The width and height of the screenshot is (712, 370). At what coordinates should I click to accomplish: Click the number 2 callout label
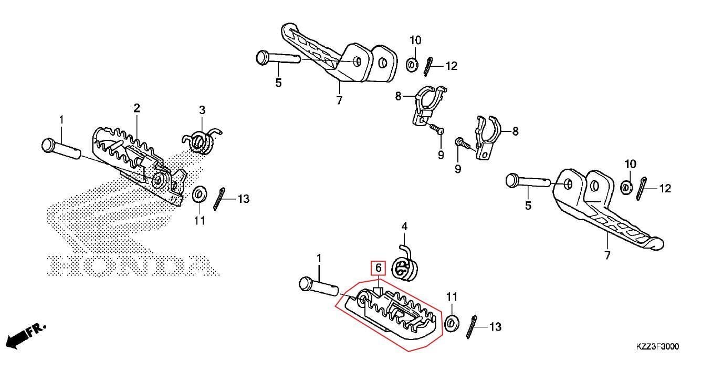(x=137, y=108)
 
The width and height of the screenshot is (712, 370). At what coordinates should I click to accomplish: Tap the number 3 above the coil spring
(x=202, y=110)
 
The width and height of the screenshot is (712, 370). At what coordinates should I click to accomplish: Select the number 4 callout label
(x=404, y=227)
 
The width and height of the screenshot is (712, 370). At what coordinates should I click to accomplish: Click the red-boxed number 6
(x=378, y=268)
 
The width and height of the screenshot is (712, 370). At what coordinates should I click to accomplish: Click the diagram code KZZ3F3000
(x=657, y=347)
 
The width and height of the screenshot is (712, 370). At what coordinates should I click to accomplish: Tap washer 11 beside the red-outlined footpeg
(x=451, y=323)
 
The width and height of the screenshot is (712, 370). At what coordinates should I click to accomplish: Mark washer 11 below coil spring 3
(x=199, y=194)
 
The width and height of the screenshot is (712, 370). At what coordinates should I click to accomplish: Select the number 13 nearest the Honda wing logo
(x=243, y=199)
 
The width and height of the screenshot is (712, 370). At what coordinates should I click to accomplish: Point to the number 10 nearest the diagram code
(x=630, y=164)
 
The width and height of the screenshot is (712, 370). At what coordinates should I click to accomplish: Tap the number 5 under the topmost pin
(x=278, y=83)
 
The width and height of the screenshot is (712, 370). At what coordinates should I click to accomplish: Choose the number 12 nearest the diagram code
(x=665, y=188)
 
